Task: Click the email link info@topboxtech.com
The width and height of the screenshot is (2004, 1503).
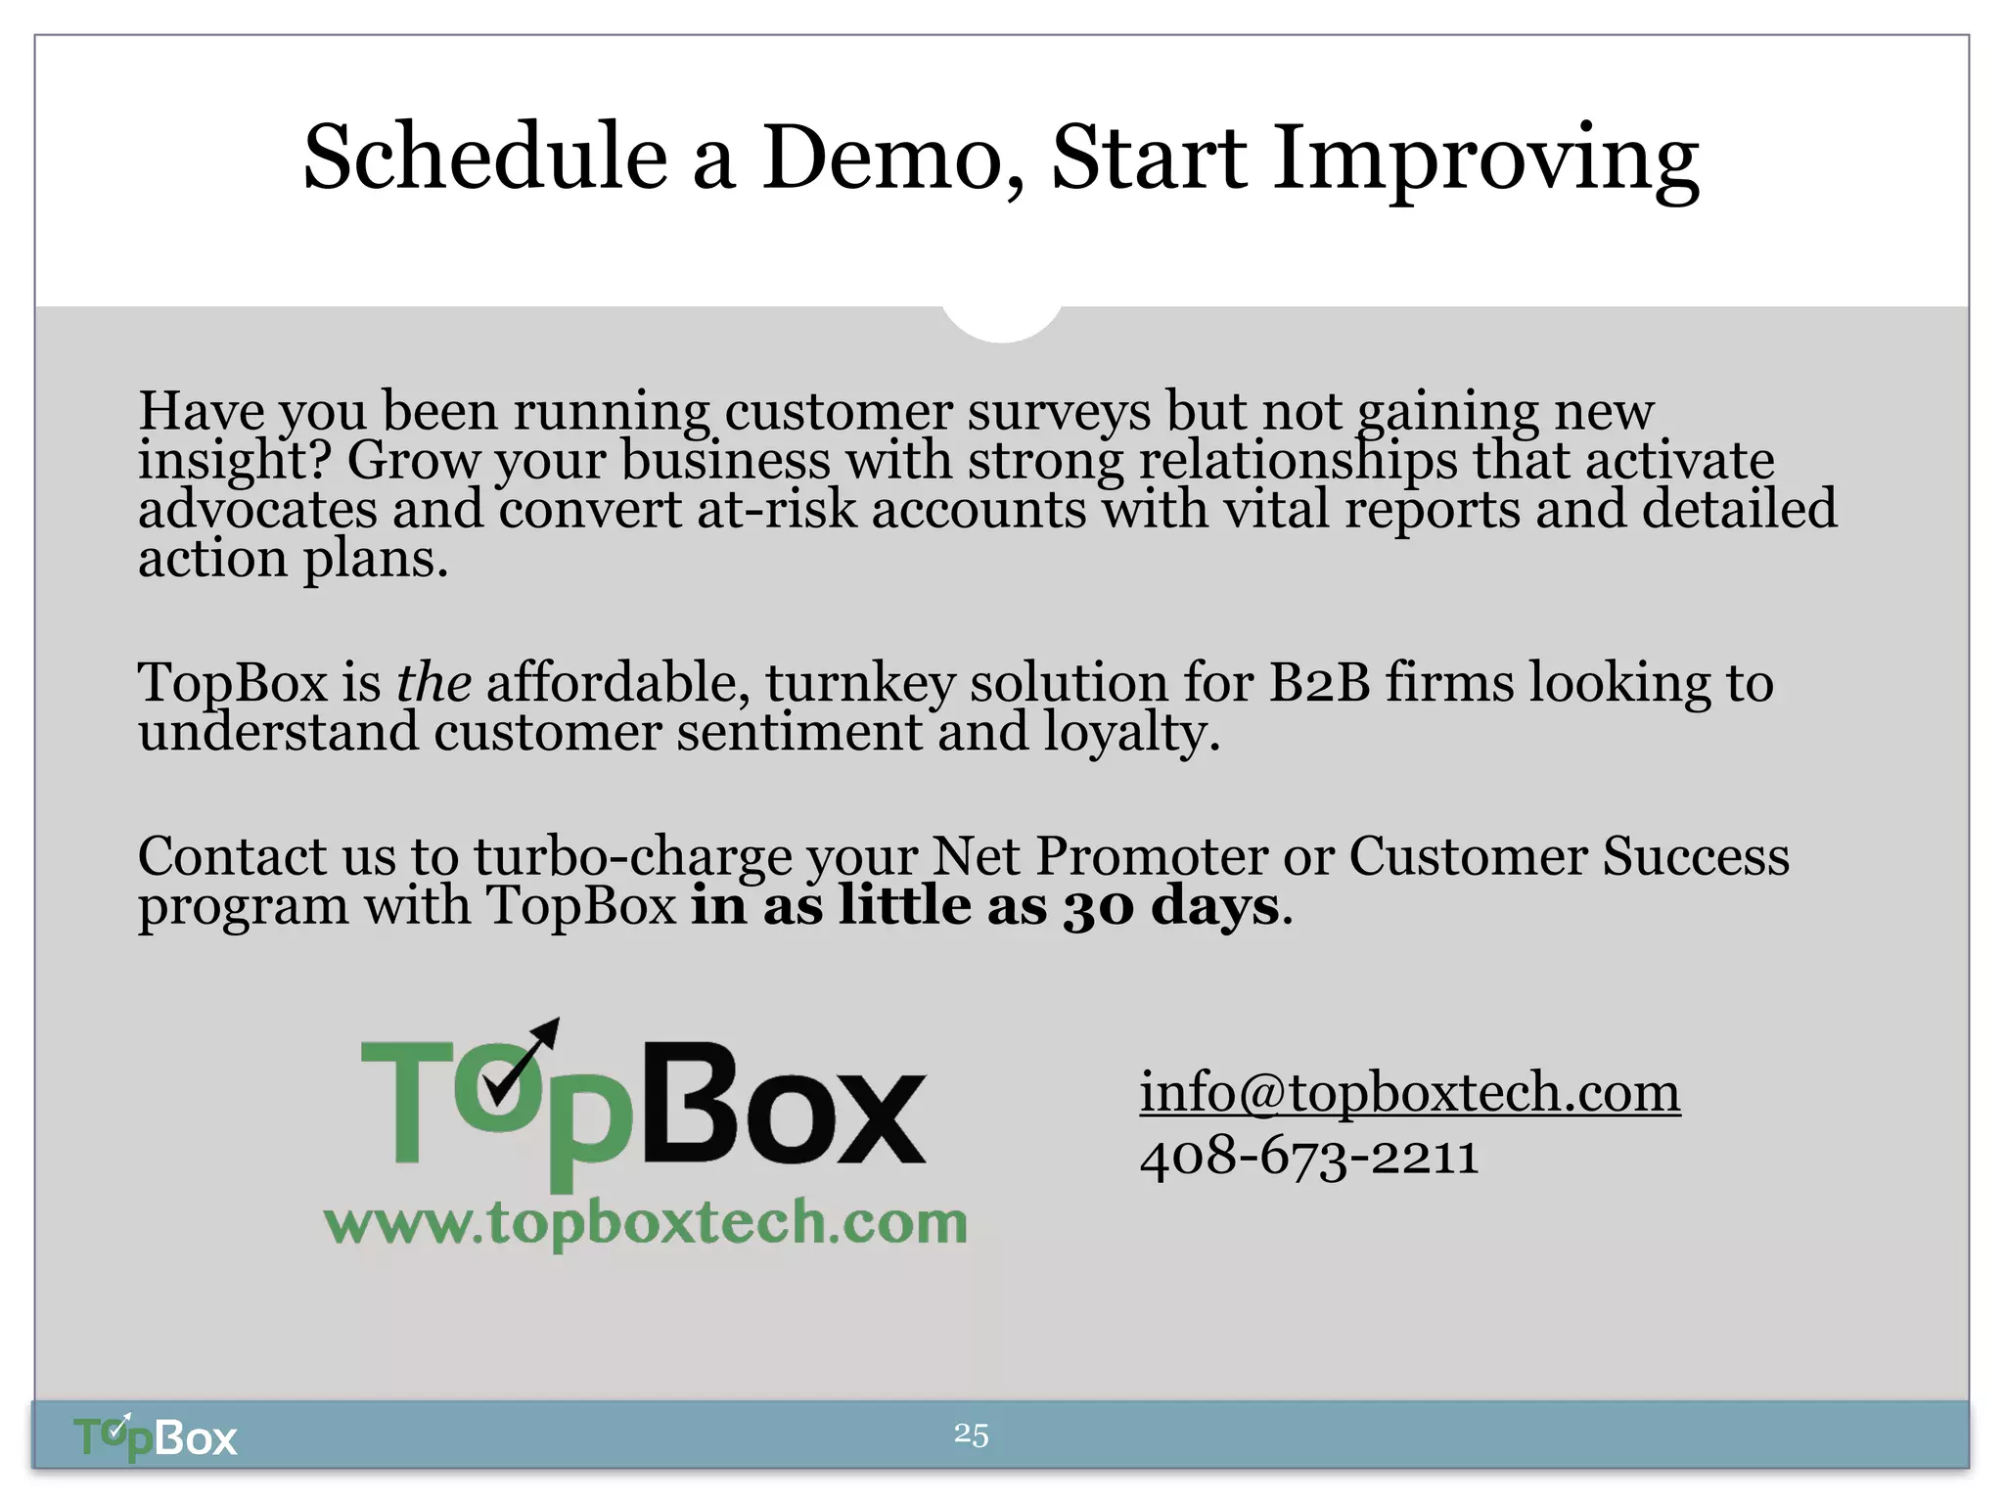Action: (x=1409, y=1092)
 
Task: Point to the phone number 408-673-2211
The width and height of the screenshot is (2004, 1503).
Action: (x=1308, y=1157)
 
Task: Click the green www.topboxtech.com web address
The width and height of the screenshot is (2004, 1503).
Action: (x=646, y=1223)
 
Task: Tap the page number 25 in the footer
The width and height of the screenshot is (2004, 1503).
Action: (x=971, y=1435)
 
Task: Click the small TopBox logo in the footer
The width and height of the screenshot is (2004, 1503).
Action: (x=156, y=1437)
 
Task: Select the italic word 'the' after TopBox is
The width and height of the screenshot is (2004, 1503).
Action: (x=433, y=682)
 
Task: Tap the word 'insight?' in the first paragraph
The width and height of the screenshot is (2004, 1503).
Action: (x=235, y=460)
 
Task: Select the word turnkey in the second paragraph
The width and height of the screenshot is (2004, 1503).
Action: (x=860, y=683)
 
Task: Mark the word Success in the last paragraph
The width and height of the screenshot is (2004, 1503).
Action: (x=1695, y=856)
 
